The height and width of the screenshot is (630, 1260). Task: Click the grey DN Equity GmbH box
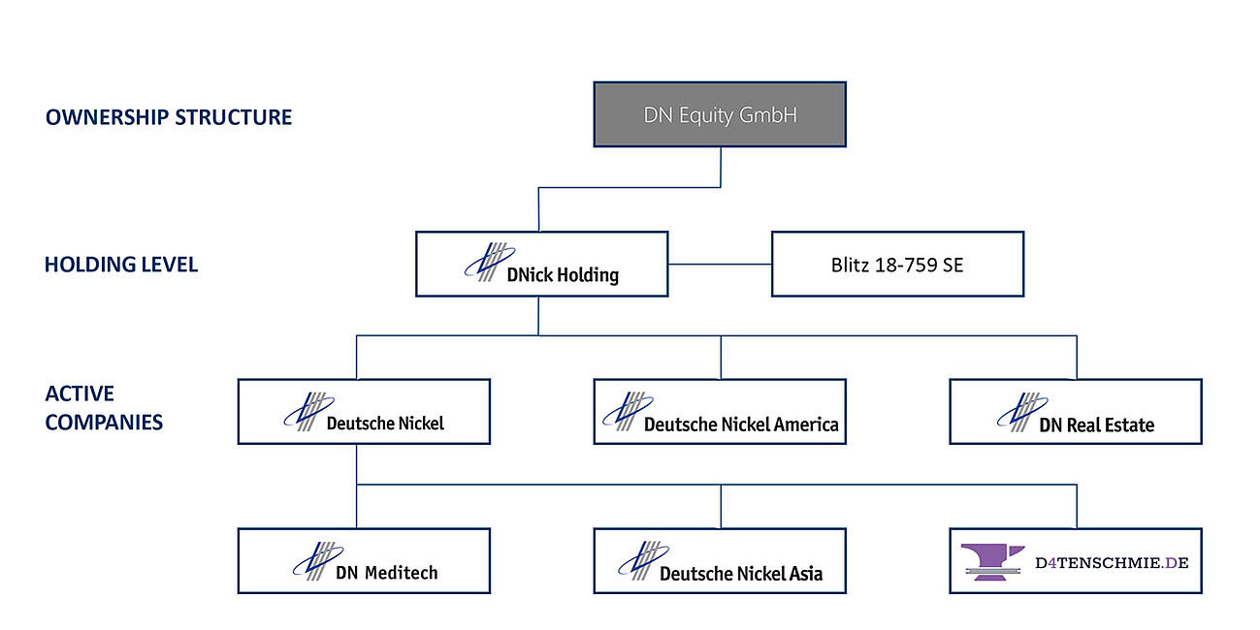(719, 114)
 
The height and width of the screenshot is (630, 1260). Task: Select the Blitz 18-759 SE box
(897, 264)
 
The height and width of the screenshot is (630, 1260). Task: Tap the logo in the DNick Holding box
(485, 262)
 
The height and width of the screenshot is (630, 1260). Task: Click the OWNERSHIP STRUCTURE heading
(169, 117)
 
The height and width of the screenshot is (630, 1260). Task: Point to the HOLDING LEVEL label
(121, 265)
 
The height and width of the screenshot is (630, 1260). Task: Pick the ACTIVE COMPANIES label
(104, 408)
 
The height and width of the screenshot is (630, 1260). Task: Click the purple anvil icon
(992, 561)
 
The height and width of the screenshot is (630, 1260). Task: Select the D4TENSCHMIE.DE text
(1112, 561)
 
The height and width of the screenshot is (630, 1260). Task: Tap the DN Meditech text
(386, 573)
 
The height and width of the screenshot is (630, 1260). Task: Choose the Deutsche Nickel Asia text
(741, 574)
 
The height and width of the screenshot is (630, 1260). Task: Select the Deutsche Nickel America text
(741, 425)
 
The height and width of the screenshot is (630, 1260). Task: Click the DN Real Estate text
(1096, 425)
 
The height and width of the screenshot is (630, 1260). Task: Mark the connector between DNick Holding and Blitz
(719, 264)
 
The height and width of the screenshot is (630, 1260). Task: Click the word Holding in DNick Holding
(588, 275)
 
